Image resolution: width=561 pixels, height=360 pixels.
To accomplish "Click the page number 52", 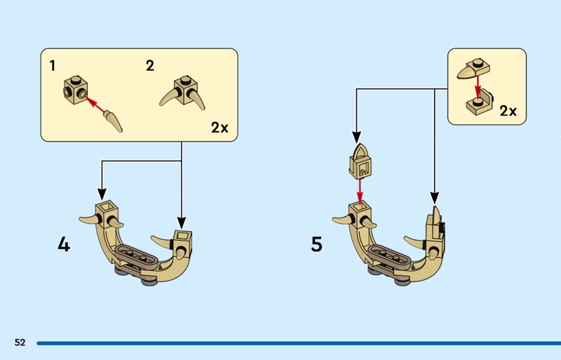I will (20, 342).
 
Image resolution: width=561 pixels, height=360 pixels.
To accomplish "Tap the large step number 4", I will (64, 245).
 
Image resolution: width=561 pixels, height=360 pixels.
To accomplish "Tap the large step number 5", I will (317, 245).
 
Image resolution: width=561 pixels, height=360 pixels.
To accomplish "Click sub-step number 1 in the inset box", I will (53, 66).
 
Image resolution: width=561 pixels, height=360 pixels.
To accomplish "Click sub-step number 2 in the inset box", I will (149, 66).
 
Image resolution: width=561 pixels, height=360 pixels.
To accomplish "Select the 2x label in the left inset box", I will (219, 127).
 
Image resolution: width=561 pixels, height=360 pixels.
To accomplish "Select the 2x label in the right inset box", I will (508, 111).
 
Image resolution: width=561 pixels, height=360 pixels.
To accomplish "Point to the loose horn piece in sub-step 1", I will (114, 121).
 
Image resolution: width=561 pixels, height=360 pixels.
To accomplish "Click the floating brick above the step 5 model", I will (360, 161).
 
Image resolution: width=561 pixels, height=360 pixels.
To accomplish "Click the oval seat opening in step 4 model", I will (137, 254).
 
